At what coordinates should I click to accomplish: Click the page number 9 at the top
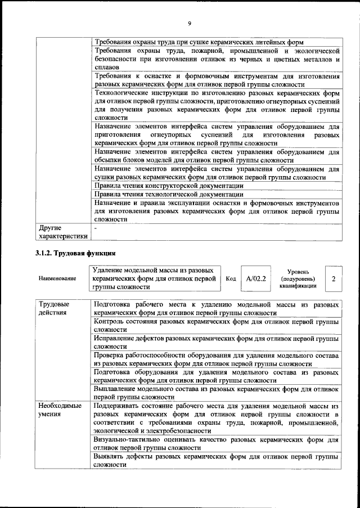click(190, 23)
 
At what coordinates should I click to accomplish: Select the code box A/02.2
click(255, 278)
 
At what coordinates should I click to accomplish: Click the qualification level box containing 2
click(334, 278)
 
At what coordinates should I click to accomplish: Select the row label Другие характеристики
click(62, 232)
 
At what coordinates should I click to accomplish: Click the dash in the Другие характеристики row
click(96, 228)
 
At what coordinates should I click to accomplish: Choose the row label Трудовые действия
click(54, 308)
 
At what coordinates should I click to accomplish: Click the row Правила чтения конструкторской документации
click(169, 185)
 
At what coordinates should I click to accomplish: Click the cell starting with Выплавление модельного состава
click(217, 393)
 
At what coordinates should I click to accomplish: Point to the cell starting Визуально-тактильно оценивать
click(217, 443)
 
